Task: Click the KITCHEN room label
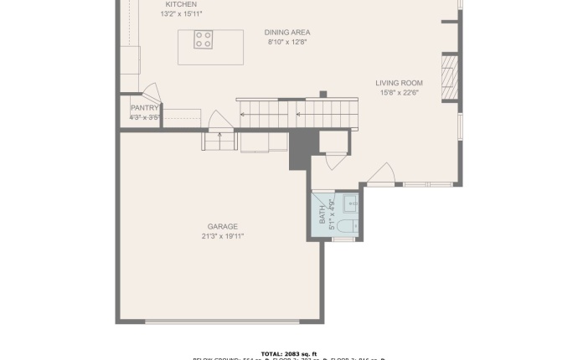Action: coord(181,4)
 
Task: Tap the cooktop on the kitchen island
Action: coord(204,39)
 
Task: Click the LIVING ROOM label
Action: coord(399,83)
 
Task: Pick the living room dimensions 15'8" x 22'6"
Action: coord(399,93)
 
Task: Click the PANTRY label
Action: coord(145,108)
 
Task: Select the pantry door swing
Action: coord(150,91)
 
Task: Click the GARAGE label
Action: coord(223,226)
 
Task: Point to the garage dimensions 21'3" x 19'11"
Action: coord(223,236)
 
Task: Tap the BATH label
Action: coord(323,215)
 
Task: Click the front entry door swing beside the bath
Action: coord(381,173)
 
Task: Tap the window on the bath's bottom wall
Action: coord(343,239)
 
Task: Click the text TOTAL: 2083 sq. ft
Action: coord(289,353)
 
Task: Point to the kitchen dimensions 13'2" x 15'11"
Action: coord(181,14)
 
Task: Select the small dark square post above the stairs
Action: coord(323,94)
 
